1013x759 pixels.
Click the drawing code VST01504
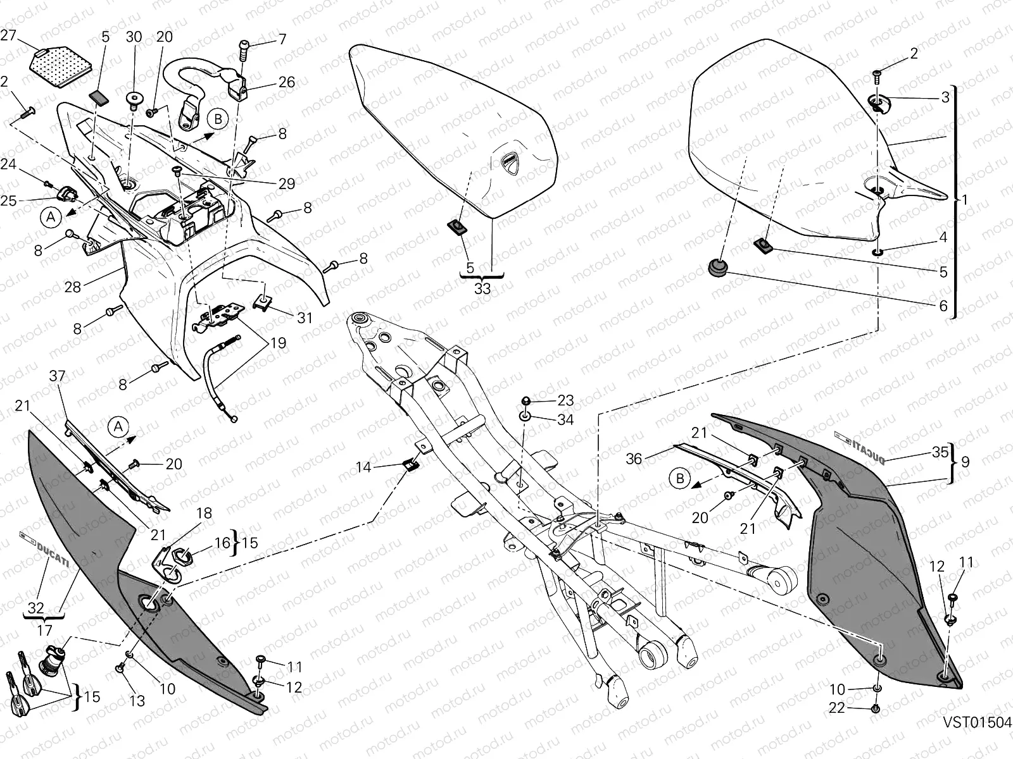(x=976, y=722)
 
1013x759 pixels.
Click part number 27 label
(x=8, y=35)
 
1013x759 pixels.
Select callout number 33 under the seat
(x=482, y=288)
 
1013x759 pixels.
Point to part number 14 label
(x=363, y=467)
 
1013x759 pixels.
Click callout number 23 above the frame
(x=565, y=400)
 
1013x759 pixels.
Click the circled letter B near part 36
(x=680, y=479)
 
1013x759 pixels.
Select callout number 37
(x=57, y=377)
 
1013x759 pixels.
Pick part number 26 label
(x=286, y=82)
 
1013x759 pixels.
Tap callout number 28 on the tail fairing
(x=73, y=287)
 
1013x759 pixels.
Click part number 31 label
(x=305, y=318)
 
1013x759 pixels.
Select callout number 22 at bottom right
(x=837, y=708)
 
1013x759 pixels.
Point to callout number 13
(x=137, y=701)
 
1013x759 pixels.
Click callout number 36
(x=634, y=459)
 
